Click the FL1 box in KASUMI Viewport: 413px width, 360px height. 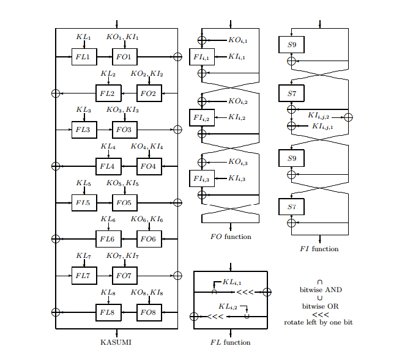click(84, 57)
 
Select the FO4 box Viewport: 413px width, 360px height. click(149, 166)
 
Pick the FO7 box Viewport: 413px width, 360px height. click(124, 276)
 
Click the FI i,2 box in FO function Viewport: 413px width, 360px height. click(201, 117)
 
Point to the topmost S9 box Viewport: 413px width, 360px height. click(292, 44)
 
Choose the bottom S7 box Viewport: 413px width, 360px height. click(292, 207)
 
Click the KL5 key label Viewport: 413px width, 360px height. click(84, 183)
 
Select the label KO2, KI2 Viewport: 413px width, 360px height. click(146, 74)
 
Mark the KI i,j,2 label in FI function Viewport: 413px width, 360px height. click(318, 116)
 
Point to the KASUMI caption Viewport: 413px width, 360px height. click(116, 342)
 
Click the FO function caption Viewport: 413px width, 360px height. click(230, 237)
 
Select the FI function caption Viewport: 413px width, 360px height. click(319, 249)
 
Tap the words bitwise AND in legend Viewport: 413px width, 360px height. click(320, 289)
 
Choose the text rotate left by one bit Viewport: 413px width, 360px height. click(318, 322)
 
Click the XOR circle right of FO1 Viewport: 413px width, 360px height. click(177, 57)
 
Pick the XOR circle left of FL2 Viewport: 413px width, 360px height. click(56, 93)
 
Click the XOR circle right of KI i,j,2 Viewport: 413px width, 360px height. click(348, 117)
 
